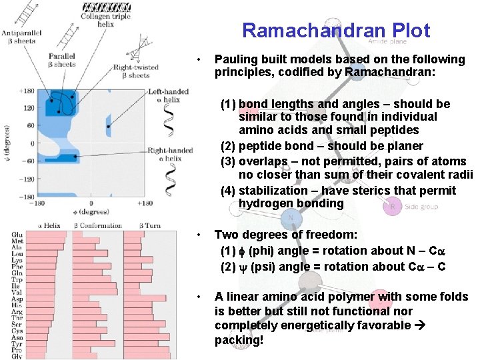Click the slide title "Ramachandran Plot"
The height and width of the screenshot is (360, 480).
coord(336,31)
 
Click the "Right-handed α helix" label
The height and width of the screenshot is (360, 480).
coord(170,154)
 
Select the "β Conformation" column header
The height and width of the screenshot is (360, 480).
coord(97,226)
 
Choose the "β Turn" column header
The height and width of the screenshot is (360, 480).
coord(150,226)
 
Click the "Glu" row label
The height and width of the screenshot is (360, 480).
coord(17,235)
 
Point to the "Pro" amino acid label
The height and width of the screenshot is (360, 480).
coord(17,349)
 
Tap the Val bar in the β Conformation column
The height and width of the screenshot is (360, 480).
coord(94,292)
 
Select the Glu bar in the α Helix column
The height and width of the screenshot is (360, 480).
coord(47,235)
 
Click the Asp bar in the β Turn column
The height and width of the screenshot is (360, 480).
coord(146,299)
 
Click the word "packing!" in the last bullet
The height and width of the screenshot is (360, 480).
coord(239,340)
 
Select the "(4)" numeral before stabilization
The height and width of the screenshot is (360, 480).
coord(228,191)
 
